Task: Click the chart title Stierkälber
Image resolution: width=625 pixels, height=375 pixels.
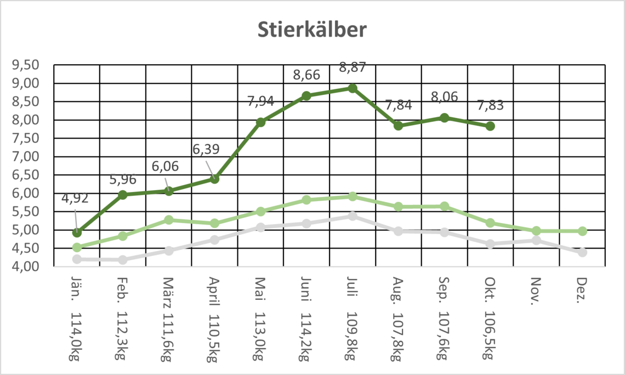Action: [x=312, y=30]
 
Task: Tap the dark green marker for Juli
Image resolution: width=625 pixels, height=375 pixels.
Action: [x=353, y=88]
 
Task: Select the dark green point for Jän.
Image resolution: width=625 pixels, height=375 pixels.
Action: [x=77, y=232]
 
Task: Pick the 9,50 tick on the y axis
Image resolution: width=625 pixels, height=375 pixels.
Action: [x=25, y=65]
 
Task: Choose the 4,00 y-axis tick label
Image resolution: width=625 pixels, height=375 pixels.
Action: [x=25, y=266]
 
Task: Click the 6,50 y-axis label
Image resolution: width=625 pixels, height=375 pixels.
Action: [x=25, y=175]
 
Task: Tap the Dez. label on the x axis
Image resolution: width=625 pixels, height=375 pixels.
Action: [x=582, y=288]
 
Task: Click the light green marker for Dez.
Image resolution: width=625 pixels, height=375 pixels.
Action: [x=582, y=231]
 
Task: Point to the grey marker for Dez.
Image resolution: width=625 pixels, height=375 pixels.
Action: [x=582, y=252]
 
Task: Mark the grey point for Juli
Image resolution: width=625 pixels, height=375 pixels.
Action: [x=353, y=216]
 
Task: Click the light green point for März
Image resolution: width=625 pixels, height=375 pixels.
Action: [x=169, y=220]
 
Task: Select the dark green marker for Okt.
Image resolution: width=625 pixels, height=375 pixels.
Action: [x=490, y=126]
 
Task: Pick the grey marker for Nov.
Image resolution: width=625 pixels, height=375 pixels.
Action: [x=536, y=240]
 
